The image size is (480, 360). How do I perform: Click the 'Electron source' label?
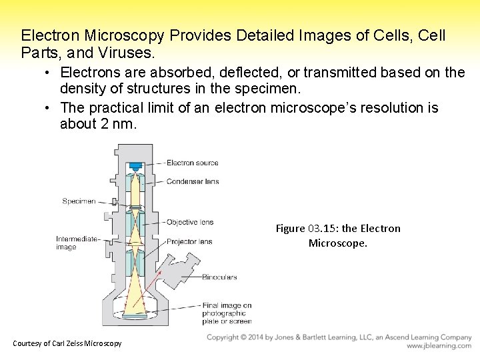[x=192, y=163]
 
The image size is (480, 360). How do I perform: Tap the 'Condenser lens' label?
[x=193, y=181]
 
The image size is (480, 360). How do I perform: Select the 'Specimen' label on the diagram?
[x=79, y=201]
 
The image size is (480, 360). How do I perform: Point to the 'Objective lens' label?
[x=190, y=222]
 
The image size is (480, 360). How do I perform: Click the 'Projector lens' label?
[x=189, y=241]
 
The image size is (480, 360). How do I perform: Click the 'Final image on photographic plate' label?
[x=226, y=313]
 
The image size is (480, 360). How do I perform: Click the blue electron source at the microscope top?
[x=136, y=165]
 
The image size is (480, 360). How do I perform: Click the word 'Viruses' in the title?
[x=130, y=51]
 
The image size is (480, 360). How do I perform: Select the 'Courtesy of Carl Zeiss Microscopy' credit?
[x=67, y=343]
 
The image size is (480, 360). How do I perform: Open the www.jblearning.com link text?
[x=439, y=346]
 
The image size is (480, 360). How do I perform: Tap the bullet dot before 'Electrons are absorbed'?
[x=50, y=73]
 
